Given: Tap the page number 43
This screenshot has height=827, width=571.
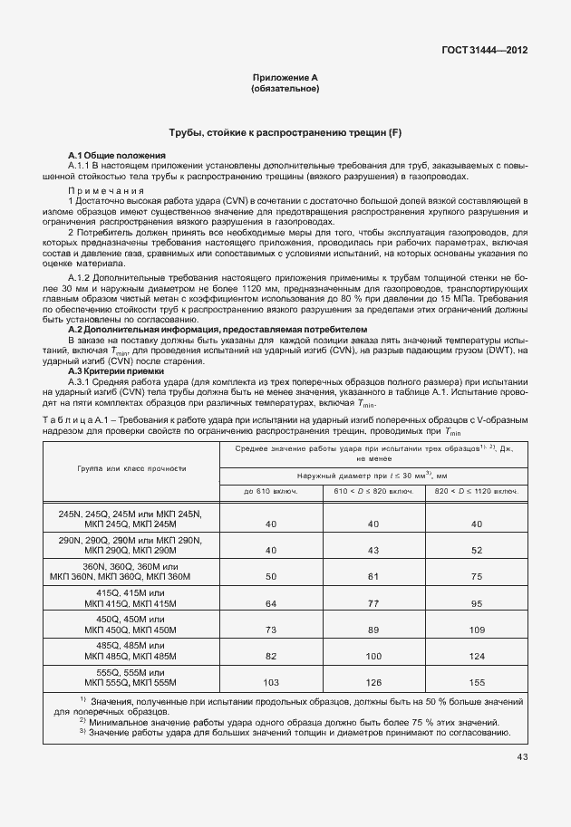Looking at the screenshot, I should [522, 757].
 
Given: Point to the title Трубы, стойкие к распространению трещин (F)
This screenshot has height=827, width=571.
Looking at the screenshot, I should [285, 133].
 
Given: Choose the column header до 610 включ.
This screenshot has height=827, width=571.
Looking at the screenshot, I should [271, 492].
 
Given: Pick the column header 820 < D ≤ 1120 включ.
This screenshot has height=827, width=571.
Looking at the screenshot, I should [477, 492].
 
